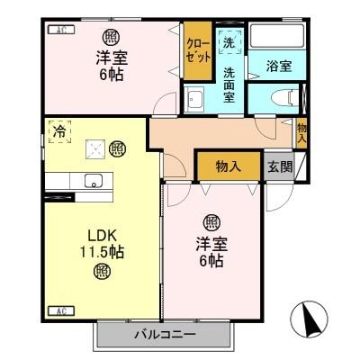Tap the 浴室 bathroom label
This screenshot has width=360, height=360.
tap(278, 66)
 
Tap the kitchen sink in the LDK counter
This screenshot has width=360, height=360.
tap(93, 181)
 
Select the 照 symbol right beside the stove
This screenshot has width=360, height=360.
tap(117, 148)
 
